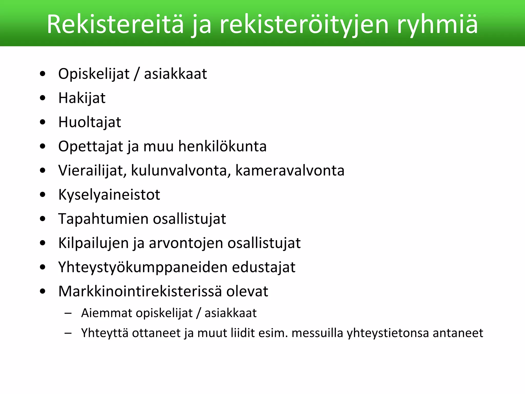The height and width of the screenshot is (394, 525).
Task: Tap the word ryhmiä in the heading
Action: coord(437,24)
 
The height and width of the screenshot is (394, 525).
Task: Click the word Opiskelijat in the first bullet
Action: coord(94,74)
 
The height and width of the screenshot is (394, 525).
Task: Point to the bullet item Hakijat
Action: coord(82,98)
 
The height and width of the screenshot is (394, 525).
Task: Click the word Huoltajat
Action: coord(89,122)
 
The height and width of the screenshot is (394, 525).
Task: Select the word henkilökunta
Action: coord(222,146)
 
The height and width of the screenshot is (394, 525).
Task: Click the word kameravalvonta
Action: coord(290,171)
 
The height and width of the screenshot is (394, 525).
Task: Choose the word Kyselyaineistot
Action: coord(109,195)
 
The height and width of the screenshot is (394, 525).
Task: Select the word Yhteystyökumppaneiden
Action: coord(143,267)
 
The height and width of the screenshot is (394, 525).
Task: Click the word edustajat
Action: coord(264,267)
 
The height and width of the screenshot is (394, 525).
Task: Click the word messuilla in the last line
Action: coord(317,333)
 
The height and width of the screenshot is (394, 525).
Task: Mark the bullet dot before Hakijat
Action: coord(43,98)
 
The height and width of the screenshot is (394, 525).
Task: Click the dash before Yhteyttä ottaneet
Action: coord(68,333)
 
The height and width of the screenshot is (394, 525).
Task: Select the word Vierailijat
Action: coord(93,171)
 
